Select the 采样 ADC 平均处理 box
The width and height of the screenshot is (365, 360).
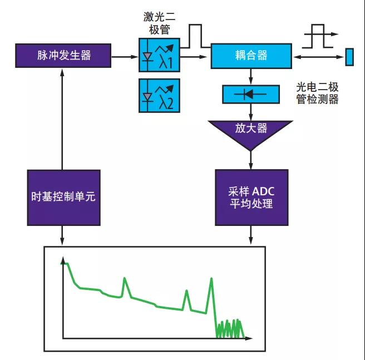[251, 198]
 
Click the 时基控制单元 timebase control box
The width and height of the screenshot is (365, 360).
[63, 198]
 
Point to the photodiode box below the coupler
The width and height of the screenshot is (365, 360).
[251, 94]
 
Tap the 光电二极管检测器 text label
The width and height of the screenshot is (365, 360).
[318, 93]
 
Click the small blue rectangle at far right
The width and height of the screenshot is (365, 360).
[349, 57]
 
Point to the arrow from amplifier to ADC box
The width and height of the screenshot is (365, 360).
[251, 160]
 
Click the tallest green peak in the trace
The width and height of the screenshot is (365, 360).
[211, 281]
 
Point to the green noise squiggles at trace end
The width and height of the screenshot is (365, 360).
[230, 328]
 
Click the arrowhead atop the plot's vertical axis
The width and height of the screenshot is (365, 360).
[64, 260]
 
